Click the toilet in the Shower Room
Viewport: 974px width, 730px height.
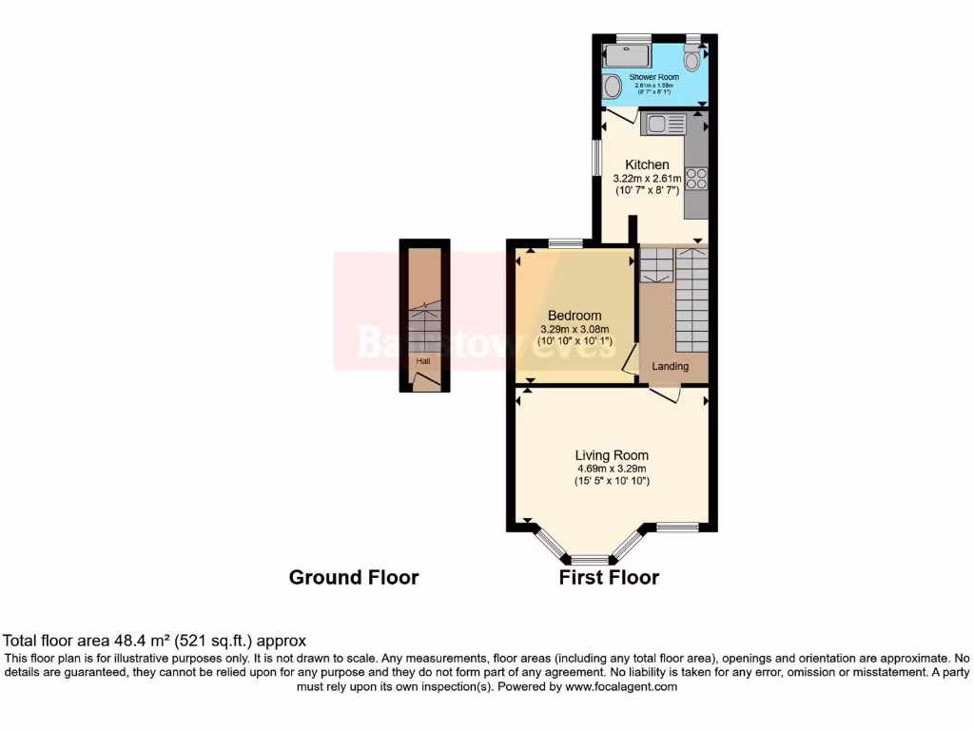click(x=692, y=59)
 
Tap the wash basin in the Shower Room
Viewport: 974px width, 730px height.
click(x=612, y=86)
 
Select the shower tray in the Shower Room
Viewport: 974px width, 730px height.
click(x=628, y=55)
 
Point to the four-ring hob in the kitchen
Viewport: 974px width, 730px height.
click(x=696, y=179)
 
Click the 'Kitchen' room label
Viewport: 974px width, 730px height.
click(x=647, y=165)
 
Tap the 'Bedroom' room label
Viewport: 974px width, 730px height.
click(x=575, y=316)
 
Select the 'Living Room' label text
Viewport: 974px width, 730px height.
click(x=612, y=455)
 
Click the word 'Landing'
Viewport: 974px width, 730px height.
click(x=670, y=366)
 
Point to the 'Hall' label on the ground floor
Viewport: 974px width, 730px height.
click(x=421, y=361)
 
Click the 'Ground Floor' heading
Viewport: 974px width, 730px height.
click(x=354, y=577)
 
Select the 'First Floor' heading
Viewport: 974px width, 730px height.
click(x=609, y=577)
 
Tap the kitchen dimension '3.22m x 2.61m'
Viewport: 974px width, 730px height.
click(x=647, y=179)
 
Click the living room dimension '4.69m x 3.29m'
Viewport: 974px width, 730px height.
click(x=612, y=468)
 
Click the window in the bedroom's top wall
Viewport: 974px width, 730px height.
click(x=565, y=242)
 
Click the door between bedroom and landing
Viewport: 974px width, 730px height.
click(x=629, y=358)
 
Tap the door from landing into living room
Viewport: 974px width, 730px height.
click(x=665, y=393)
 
